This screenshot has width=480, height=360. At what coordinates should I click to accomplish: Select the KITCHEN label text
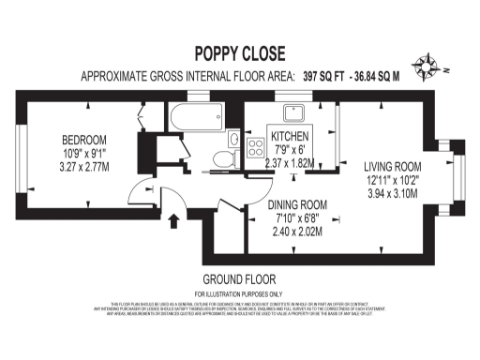tap(291, 137)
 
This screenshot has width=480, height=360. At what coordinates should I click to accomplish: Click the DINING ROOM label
tap(297, 204)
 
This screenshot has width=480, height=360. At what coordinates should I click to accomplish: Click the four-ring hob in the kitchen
tap(254, 146)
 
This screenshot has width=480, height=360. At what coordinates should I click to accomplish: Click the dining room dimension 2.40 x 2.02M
tap(297, 230)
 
